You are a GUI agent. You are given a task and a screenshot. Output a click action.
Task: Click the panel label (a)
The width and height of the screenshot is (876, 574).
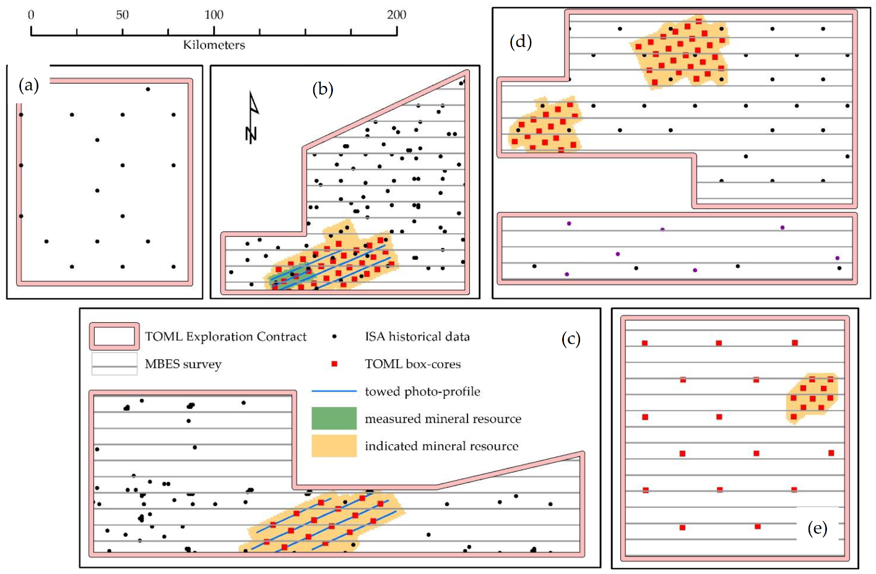point(29,85)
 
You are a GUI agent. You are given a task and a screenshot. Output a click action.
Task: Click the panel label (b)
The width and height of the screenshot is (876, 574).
point(323,90)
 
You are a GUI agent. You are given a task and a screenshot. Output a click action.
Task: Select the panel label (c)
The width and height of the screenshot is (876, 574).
point(571,339)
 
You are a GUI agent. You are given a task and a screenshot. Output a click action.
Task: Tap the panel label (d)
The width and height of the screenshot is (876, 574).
point(521,42)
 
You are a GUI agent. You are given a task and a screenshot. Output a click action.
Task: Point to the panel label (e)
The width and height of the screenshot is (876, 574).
point(817,528)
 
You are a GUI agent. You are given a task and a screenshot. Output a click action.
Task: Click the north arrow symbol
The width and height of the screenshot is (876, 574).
point(251,118)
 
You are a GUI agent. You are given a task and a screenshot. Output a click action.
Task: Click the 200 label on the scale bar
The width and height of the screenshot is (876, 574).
point(396,15)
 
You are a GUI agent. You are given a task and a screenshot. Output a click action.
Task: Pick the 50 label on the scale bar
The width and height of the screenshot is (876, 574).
point(123,15)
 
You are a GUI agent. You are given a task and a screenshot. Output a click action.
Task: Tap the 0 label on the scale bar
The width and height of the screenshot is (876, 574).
point(31,15)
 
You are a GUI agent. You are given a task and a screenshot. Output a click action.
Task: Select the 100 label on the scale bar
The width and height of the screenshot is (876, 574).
point(214,15)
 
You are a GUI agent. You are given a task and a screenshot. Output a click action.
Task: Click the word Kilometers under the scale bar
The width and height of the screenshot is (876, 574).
point(214,45)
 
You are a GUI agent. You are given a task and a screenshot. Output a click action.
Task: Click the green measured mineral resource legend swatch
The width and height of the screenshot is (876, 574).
point(334,418)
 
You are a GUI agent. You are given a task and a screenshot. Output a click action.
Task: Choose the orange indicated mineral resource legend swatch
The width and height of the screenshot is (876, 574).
point(334,445)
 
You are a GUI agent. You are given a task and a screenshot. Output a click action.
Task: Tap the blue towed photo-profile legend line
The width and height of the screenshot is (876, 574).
point(334,392)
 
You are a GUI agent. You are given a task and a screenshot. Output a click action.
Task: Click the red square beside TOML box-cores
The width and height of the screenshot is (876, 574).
point(334,364)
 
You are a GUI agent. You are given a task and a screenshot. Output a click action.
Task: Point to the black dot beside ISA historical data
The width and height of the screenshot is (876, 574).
point(334,336)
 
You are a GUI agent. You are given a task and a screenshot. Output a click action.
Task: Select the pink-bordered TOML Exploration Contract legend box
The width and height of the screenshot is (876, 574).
point(114,336)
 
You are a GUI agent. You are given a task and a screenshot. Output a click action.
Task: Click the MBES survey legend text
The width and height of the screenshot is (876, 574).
point(183,364)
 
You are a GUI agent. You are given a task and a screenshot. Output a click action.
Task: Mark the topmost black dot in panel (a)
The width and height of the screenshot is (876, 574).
point(148,89)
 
